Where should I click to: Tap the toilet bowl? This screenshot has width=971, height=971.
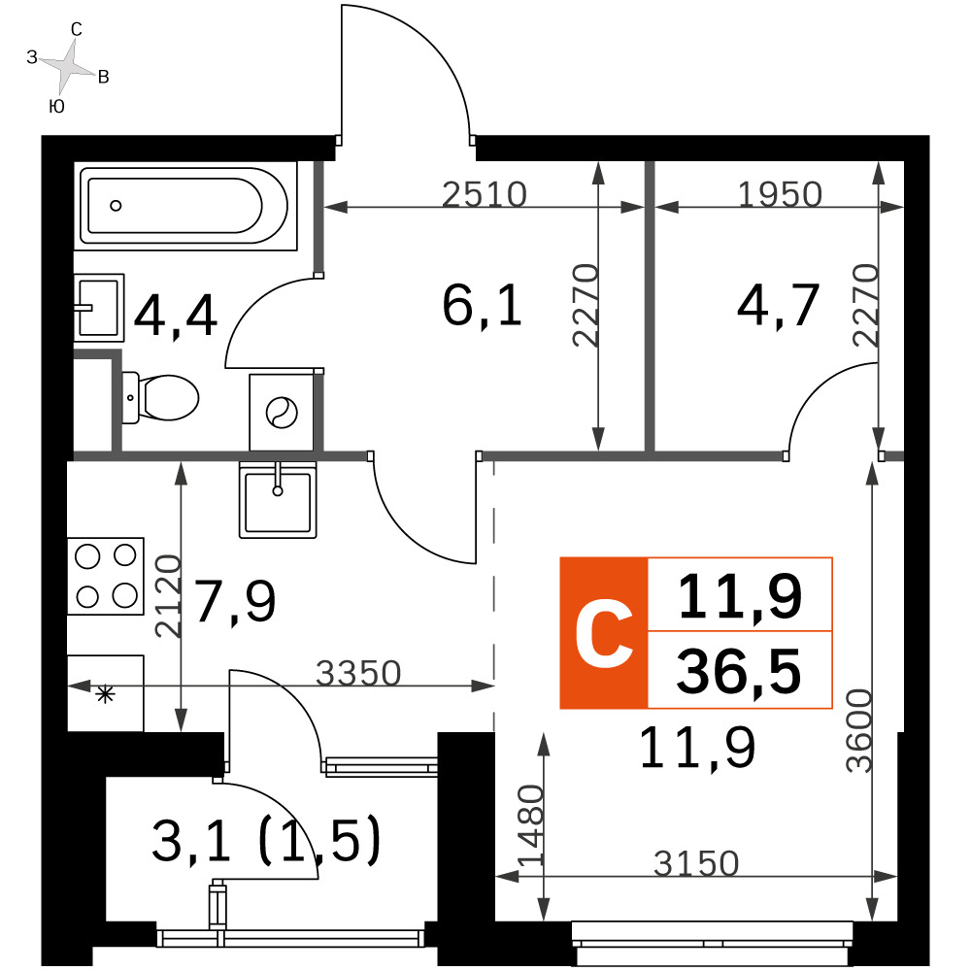point(160,397)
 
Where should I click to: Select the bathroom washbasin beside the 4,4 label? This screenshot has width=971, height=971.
point(99,307)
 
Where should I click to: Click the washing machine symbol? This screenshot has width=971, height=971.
point(282,412)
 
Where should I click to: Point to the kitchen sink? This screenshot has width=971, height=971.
point(278,500)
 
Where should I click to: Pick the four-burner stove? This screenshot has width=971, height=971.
point(105,576)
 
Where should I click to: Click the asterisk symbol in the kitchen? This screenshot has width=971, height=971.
point(105,694)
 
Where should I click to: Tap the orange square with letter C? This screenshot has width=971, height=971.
point(604,633)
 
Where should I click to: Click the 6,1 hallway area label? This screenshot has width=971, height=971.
point(483,305)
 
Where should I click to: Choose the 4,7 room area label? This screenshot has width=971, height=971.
point(779,305)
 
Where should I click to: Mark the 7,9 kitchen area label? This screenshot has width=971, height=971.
point(235,601)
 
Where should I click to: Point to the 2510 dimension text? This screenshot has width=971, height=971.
point(485,194)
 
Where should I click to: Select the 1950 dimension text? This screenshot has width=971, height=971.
point(781,194)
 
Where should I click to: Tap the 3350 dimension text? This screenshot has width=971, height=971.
point(358,673)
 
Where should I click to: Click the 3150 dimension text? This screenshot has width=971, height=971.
point(696,863)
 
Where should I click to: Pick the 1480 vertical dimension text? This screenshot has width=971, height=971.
point(531,826)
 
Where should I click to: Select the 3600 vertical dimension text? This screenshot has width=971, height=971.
point(859,731)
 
